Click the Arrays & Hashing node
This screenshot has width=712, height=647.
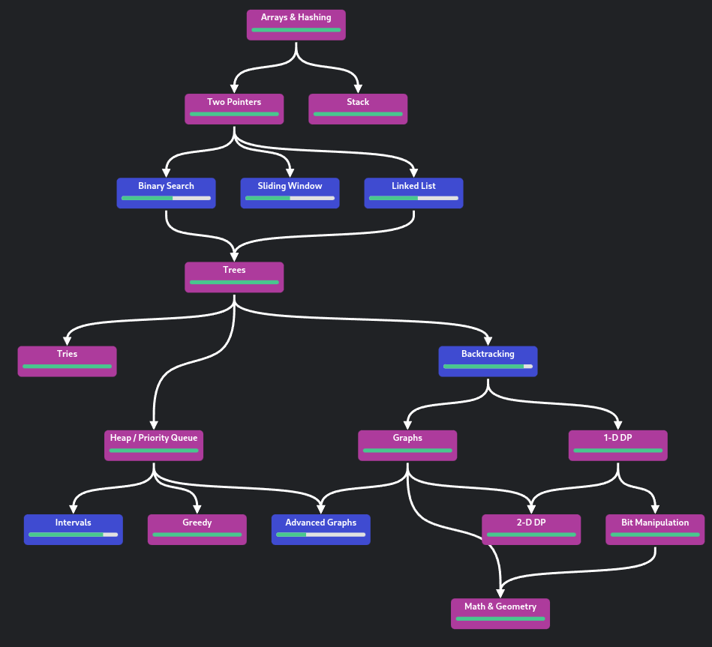point(296,25)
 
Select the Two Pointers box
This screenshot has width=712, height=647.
point(234,109)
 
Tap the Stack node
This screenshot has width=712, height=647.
point(358,109)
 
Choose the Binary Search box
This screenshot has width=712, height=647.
point(166,193)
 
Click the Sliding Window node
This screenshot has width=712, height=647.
point(290,193)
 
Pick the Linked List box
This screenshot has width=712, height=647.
point(413,193)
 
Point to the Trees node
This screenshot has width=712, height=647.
point(234,277)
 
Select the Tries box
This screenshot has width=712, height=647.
point(67,361)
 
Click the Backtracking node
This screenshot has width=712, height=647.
point(488,361)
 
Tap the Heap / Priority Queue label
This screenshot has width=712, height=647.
point(154,438)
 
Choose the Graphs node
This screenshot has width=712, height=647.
point(407,445)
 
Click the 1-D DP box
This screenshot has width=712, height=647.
point(617,445)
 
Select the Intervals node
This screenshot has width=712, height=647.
point(73,529)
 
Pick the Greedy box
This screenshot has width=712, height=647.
point(197,529)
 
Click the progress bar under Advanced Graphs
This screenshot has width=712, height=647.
point(320,535)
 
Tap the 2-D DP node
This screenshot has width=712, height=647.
point(530,529)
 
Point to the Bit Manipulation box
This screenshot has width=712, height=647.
point(655,529)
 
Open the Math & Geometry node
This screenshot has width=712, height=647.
point(500,613)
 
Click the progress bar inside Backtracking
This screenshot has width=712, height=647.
point(488,367)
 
